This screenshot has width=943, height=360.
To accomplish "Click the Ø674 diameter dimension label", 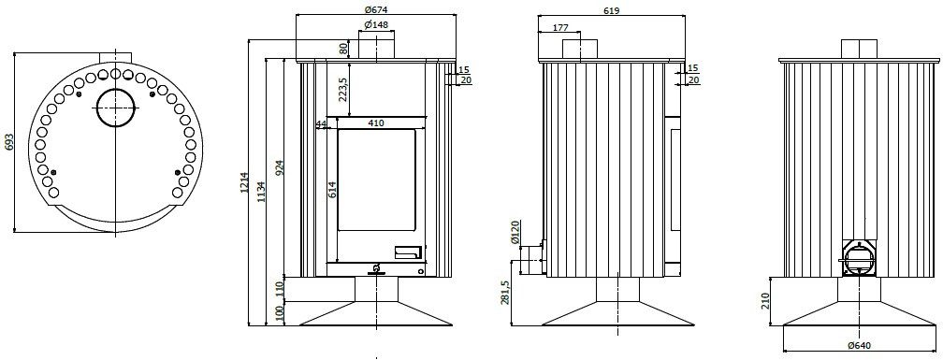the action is tap(376, 9).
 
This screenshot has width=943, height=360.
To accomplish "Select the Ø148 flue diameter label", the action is tap(376, 24).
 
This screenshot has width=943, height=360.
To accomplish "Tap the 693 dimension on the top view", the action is tap(7, 142).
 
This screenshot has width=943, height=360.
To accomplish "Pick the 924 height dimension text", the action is tap(280, 168).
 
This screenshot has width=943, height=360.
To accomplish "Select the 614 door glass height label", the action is tap(332, 189).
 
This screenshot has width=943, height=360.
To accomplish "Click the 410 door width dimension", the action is tap(376, 123).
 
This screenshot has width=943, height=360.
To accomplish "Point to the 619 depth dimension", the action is tap(612, 10).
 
